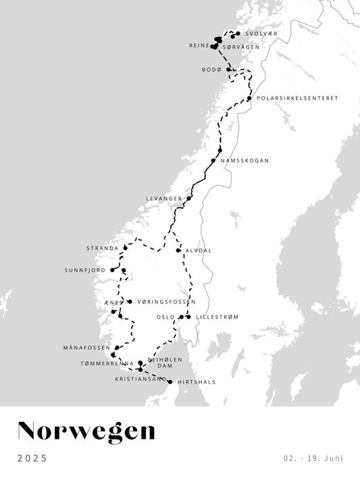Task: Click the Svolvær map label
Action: coord(261,34)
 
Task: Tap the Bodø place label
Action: coord(211,70)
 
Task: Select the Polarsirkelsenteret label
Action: coord(297,98)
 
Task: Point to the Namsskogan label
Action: coord(245,161)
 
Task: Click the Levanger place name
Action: coord(164,198)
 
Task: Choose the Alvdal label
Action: coord(199,250)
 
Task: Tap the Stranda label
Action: coord(102,248)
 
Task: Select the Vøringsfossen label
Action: coord(161,302)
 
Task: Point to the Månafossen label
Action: coord(86,348)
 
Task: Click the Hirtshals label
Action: coord(197,382)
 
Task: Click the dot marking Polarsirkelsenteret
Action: coord(249,99)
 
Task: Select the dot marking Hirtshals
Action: coord(170,382)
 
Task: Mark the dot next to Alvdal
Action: coord(178,250)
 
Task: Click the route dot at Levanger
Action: coord(189,198)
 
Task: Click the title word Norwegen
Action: coord(86,430)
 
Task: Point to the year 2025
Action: coord(32,458)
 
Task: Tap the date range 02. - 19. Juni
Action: coord(313,458)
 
